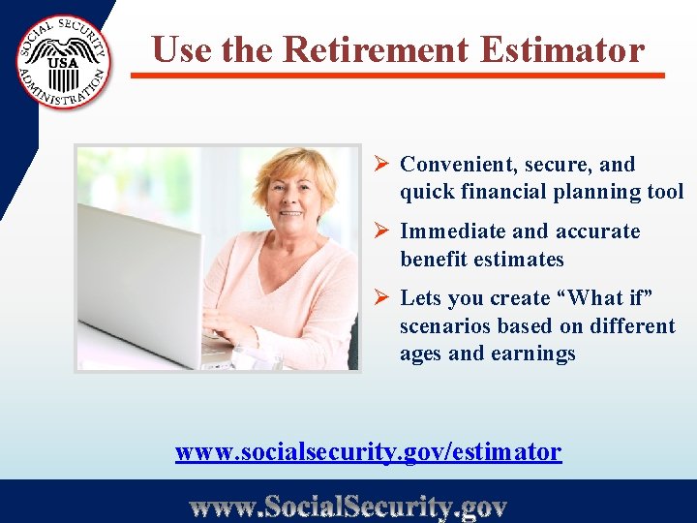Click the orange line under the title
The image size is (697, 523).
(x=398, y=75)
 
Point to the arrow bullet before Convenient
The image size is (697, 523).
(x=381, y=165)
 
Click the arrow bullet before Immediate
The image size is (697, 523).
(x=381, y=231)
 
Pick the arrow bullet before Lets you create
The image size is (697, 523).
(x=381, y=298)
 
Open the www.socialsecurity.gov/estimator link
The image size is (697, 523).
(x=368, y=451)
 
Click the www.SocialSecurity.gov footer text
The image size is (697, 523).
(x=348, y=506)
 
